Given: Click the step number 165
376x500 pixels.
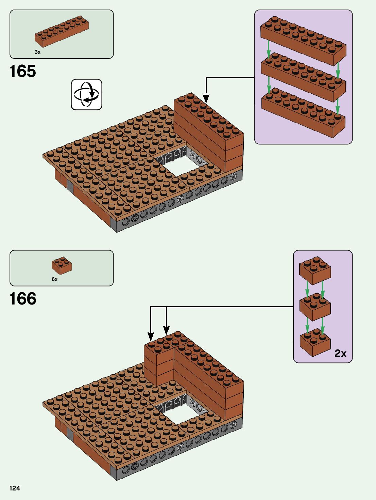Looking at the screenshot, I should tap(23, 71).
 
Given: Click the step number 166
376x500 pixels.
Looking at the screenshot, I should tap(23, 299).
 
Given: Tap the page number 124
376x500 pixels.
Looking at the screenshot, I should tap(15, 488).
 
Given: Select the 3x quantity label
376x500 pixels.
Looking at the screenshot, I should tap(37, 52).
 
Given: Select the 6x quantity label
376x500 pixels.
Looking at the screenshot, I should tap(54, 279).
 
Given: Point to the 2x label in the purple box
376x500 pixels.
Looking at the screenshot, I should tap(340, 353).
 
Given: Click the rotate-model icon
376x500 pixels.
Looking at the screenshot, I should tap(86, 94).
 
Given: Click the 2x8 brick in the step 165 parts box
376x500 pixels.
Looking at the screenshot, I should tap(62, 31).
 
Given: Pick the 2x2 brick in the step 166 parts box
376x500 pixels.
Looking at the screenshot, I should tap(62, 266).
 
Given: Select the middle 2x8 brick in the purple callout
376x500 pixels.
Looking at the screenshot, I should tap(303, 77).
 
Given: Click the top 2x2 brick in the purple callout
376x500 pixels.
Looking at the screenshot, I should tap(315, 271).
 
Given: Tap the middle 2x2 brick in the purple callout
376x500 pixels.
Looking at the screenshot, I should tap(315, 307).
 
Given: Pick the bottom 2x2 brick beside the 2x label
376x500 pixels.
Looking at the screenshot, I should tap(315, 342).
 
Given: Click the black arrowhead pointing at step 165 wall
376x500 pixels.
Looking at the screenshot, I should tap(206, 99).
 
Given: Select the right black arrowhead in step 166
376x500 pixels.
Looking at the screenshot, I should tap(166, 330).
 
